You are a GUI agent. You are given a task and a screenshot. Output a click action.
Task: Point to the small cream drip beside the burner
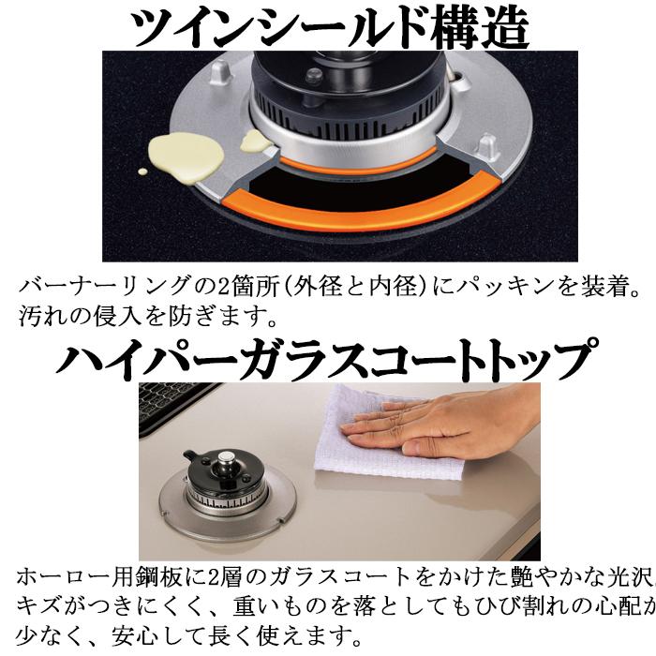[254, 141]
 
